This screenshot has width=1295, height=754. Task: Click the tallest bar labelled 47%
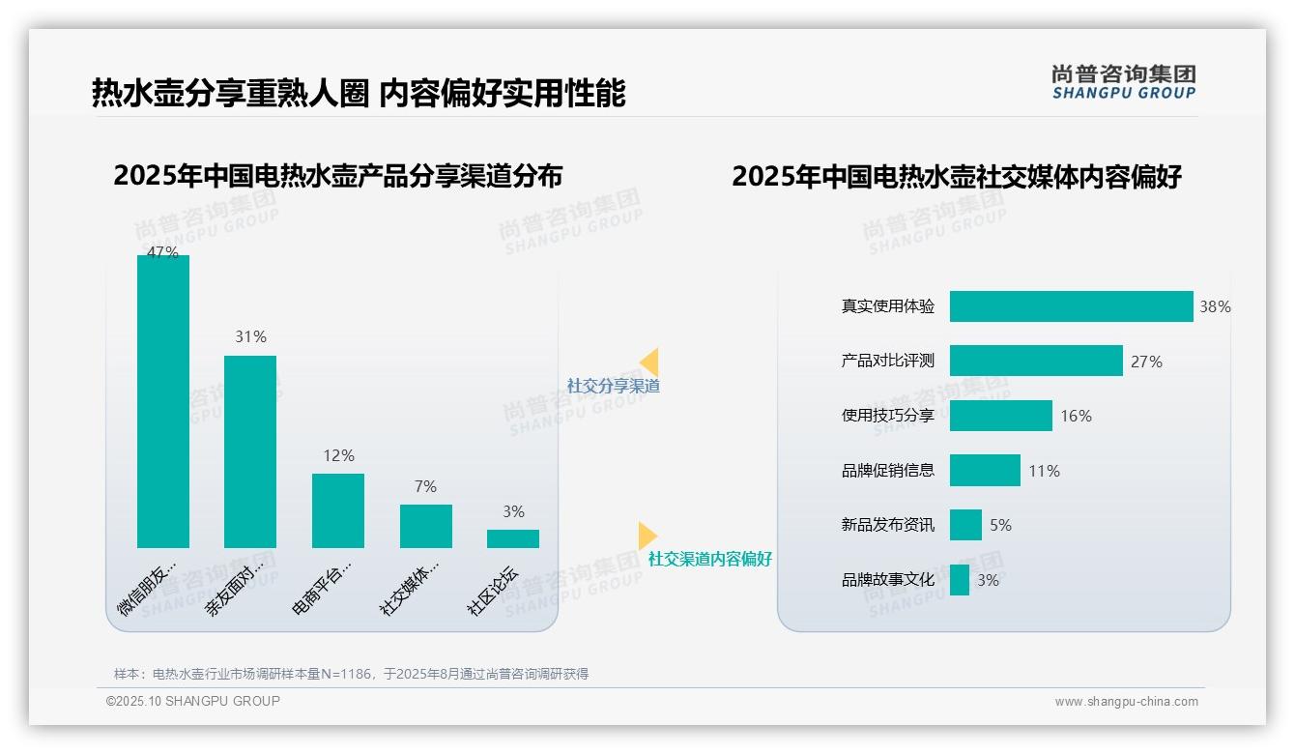[163, 401]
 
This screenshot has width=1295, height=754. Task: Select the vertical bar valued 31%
[250, 451]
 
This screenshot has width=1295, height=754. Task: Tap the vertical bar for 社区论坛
[513, 538]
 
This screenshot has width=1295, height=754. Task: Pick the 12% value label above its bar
[338, 455]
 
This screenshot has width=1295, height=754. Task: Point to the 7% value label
[425, 486]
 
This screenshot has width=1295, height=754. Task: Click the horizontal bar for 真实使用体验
[1071, 306]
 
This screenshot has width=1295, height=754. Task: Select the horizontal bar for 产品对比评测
[1036, 361]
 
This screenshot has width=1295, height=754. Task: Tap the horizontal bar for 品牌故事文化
[960, 580]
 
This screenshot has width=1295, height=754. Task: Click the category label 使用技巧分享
[888, 416]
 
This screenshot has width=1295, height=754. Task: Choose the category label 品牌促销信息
[888, 471]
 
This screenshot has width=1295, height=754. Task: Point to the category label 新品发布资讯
[888, 525]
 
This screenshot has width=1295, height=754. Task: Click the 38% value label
[1215, 306]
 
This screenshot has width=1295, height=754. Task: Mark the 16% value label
[1076, 416]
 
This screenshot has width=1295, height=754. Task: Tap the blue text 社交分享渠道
[614, 386]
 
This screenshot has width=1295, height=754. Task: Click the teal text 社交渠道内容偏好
[710, 559]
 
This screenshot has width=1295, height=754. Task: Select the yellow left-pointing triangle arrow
[649, 362]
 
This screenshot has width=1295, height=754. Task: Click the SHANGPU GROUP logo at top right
[1123, 82]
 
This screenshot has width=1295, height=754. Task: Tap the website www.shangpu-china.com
[1126, 702]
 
